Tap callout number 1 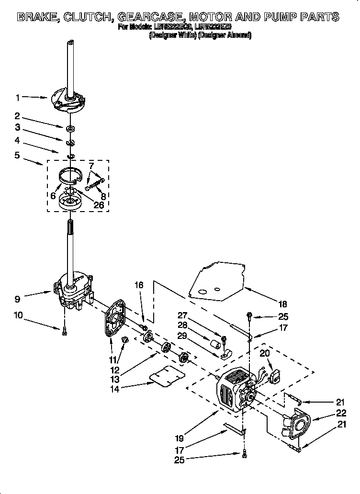point(18,98)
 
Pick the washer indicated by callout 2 point(70,128)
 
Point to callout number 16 point(139,285)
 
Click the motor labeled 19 point(235,390)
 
